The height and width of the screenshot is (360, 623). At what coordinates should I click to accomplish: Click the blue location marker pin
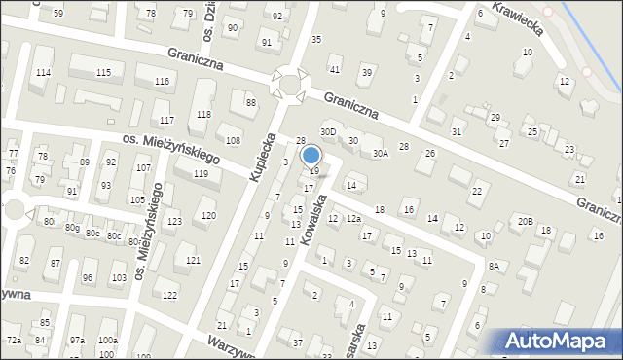pos(311,155)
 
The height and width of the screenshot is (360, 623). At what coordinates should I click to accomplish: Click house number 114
pos(43,73)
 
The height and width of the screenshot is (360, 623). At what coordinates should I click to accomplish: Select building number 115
pos(104,73)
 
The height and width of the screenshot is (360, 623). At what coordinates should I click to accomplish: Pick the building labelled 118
pos(202,114)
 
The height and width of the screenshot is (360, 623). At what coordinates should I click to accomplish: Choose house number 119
pos(201,173)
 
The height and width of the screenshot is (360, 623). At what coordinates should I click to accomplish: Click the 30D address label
pos(328,131)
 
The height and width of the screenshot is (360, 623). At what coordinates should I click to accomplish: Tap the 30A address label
pos(379,153)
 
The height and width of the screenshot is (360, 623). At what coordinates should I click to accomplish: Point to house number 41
pos(335,69)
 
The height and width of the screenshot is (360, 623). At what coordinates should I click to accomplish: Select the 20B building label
pos(526,221)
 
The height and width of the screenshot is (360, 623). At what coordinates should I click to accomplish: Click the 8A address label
pos(494,266)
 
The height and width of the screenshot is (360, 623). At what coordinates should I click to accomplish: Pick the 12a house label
pos(352,219)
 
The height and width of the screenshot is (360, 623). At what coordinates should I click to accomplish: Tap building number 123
pos(173,222)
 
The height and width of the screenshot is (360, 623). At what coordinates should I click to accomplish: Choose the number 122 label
pos(169,295)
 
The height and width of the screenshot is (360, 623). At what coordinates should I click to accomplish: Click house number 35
pos(315,39)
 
